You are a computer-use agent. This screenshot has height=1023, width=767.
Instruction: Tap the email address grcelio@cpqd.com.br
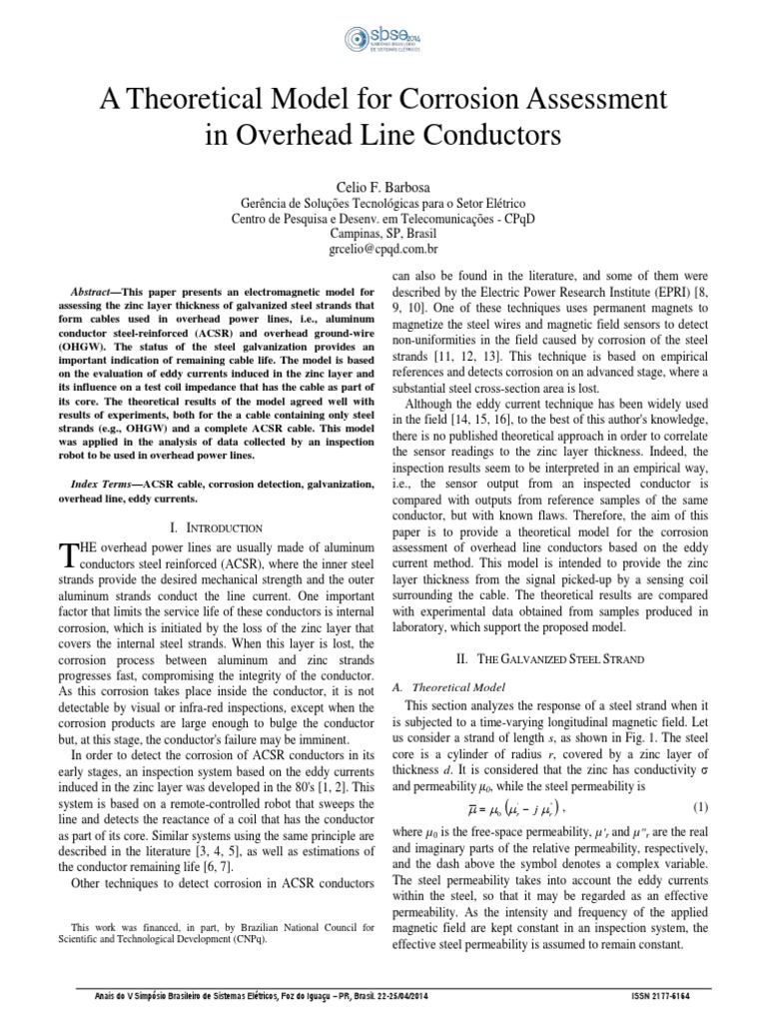tap(383, 247)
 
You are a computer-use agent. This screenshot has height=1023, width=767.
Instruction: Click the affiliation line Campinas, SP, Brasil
tap(383, 229)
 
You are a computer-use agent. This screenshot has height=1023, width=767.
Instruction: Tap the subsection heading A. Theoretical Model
tap(445, 687)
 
